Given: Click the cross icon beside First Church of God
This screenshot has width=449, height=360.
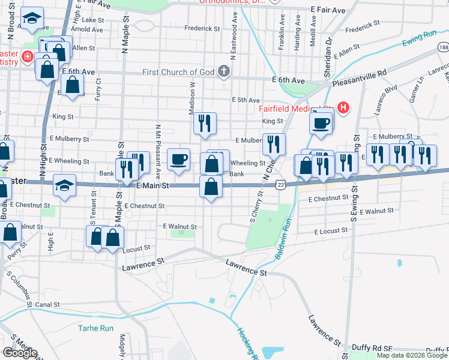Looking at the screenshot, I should click(224, 73).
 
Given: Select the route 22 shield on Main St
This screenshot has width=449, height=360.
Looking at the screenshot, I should click(280, 185).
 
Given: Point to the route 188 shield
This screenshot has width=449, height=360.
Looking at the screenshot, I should click(443, 47).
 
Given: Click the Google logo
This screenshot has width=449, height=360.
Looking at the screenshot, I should click(20, 353).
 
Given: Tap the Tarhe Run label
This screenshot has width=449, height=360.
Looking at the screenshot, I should click(95, 328).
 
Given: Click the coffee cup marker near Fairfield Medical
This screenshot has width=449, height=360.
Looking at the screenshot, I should click(321, 123).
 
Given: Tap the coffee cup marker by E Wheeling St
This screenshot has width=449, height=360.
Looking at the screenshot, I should click(179, 160).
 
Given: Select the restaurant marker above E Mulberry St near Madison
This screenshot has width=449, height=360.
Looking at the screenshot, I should click(205, 124).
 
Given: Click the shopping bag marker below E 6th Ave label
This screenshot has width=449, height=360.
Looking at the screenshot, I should click(73, 86).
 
